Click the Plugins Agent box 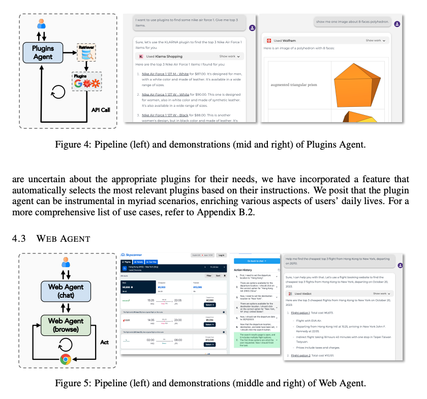tap(43, 52)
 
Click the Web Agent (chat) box tap(65, 291)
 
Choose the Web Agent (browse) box tap(65, 325)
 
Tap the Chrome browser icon tap(65, 359)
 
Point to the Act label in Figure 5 tap(104, 343)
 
